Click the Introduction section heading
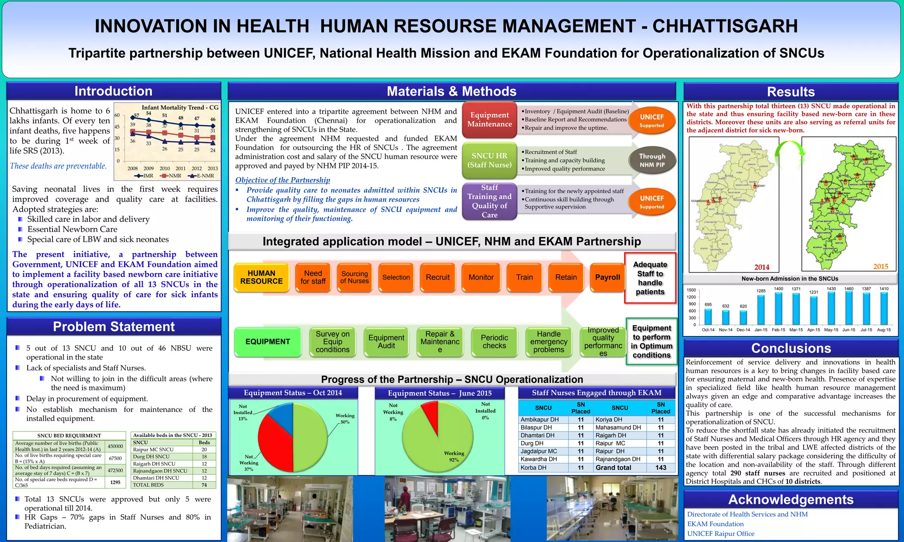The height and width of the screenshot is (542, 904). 113,91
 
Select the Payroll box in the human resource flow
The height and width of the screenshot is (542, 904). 607,277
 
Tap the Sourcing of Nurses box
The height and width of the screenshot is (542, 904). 354,277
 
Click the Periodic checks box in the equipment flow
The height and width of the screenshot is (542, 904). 494,342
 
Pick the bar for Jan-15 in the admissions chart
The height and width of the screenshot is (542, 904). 761,310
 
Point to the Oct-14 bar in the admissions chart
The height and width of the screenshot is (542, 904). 708,317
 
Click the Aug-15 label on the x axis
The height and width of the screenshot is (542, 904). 884,330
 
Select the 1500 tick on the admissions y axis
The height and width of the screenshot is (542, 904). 691,290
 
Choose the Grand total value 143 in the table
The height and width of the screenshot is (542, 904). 661,467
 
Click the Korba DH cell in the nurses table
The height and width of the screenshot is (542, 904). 533,467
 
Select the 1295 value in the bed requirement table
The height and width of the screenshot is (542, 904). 115,482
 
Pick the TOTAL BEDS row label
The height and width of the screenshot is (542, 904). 148,485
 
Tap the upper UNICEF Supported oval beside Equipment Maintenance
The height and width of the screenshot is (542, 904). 652,121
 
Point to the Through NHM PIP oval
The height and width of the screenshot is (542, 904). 652,160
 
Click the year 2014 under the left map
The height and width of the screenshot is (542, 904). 761,267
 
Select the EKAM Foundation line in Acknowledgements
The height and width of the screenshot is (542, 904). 715,524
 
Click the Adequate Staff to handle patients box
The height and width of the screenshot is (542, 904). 650,278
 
